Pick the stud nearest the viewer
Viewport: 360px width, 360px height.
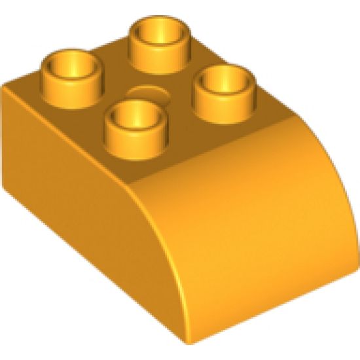click(x=134, y=124)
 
